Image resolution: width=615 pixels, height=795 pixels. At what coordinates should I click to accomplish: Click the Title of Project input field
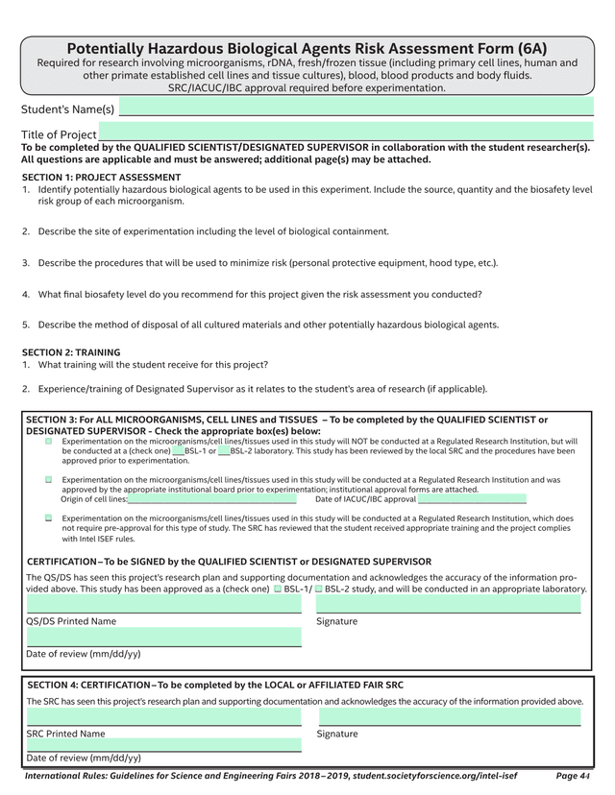pyautogui.click(x=346, y=132)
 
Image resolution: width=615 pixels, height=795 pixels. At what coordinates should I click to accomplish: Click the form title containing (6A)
pyautogui.click(x=307, y=49)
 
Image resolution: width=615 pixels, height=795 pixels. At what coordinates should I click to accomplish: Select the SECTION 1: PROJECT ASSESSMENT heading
pyautogui.click(x=101, y=178)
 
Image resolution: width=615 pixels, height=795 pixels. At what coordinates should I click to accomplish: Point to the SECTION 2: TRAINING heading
pyautogui.click(x=71, y=352)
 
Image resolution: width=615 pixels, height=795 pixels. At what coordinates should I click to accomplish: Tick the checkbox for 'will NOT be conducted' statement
pyautogui.click(x=48, y=442)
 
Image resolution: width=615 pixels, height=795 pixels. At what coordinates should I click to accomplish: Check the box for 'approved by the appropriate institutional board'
pyautogui.click(x=48, y=479)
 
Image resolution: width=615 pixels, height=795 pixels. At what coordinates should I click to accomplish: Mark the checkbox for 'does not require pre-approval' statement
pyautogui.click(x=48, y=518)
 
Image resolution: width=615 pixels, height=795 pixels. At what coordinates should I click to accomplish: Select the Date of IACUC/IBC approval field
pyautogui.click(x=472, y=499)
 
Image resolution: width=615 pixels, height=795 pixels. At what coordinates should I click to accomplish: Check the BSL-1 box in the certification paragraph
pyautogui.click(x=278, y=589)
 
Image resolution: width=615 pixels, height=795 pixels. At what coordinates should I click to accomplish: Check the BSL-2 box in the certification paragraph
pyautogui.click(x=318, y=589)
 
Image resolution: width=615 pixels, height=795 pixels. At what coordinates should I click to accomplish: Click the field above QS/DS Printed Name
pyautogui.click(x=163, y=604)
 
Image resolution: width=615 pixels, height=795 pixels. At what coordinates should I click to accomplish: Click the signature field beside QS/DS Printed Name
pyautogui.click(x=448, y=604)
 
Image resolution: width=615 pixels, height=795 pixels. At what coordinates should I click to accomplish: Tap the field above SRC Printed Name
pyautogui.click(x=163, y=717)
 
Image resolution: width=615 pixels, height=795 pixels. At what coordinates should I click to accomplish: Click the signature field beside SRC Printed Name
pyautogui.click(x=450, y=717)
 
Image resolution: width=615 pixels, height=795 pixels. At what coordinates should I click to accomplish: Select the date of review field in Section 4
pyautogui.click(x=163, y=744)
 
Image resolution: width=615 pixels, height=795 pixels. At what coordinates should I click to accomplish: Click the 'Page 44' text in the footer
pyautogui.click(x=573, y=775)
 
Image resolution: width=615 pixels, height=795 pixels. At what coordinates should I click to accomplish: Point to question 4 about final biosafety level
pyautogui.click(x=259, y=294)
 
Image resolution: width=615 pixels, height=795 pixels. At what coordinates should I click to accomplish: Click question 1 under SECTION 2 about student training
pyautogui.click(x=153, y=365)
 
